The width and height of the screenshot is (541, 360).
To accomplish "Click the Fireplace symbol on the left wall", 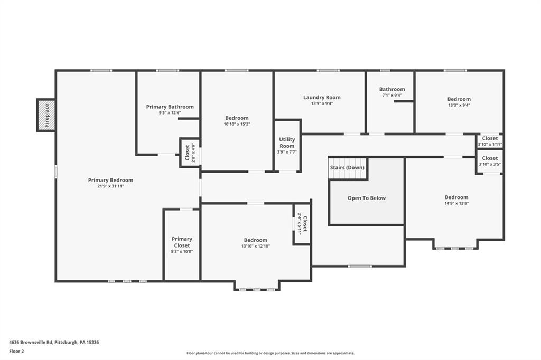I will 46,115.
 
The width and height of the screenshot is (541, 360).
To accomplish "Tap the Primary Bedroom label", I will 110,180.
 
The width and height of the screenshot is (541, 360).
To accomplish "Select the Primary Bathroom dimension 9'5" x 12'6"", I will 170,113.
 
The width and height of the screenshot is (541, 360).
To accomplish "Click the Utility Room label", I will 287,143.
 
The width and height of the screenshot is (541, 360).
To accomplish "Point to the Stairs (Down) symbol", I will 348,168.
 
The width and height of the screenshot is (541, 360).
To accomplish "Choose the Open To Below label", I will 366,198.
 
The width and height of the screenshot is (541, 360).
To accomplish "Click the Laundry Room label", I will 322,97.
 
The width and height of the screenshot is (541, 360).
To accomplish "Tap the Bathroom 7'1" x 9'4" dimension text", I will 391,96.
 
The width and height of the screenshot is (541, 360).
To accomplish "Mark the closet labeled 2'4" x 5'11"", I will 302,224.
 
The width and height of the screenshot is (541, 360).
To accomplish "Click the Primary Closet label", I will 182,242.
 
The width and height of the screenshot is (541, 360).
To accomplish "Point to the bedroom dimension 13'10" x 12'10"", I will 255,246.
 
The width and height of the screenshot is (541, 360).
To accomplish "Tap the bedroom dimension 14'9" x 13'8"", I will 456,203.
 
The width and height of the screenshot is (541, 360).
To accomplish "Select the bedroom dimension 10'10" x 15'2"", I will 236,124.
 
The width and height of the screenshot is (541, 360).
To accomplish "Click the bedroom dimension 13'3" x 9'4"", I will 459,105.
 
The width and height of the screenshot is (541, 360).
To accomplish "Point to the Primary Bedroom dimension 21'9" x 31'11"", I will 110,186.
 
